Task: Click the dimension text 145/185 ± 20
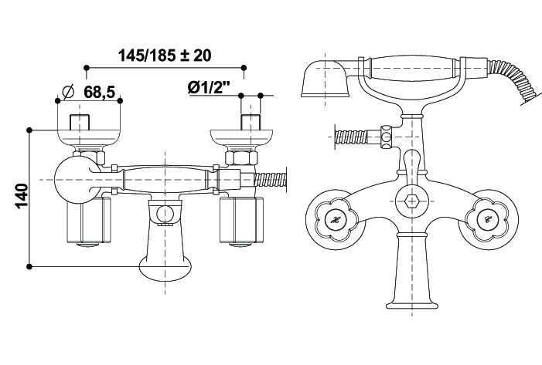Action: [x=165, y=56]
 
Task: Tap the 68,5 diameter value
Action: [x=99, y=92]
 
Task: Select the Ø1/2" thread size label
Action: [x=209, y=88]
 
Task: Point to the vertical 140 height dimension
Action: [x=22, y=196]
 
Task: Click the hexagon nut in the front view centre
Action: [x=411, y=201]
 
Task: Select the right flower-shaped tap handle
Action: [x=488, y=219]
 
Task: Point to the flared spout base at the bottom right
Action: [x=411, y=272]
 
